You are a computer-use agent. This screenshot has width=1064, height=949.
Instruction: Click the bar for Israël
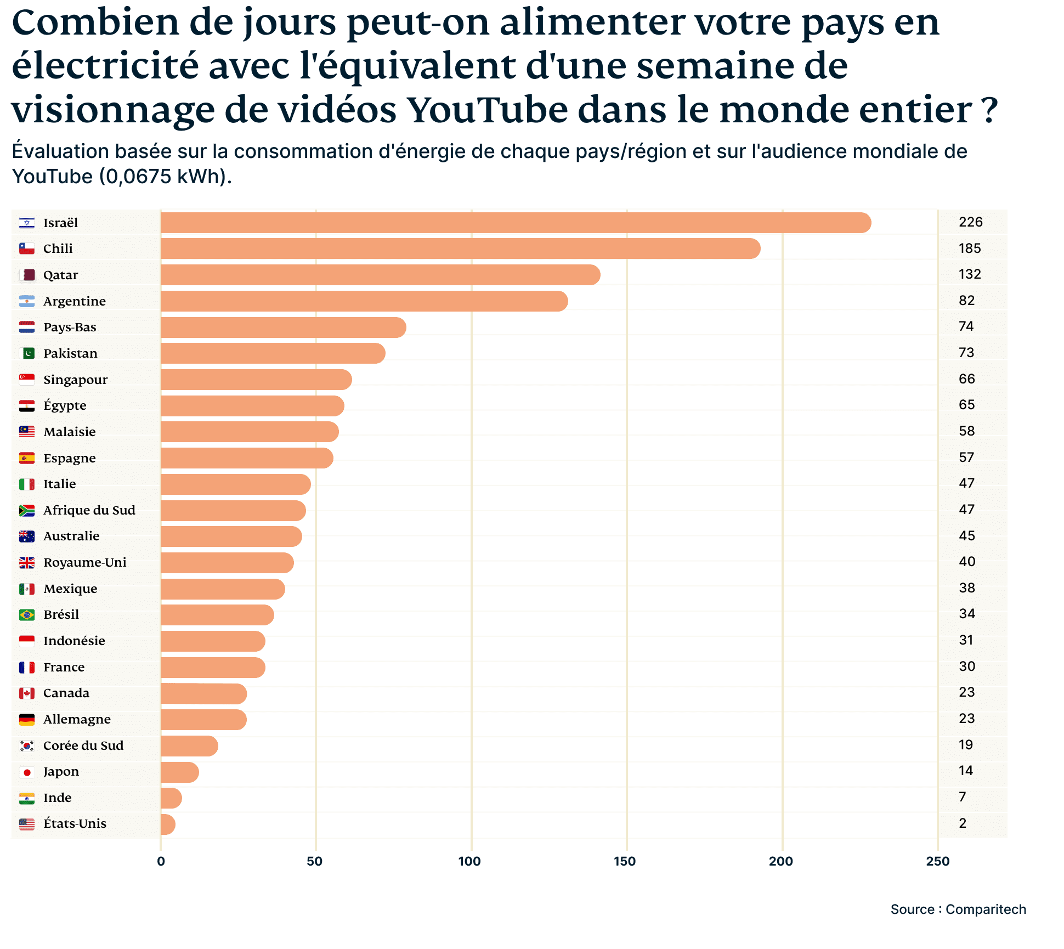[516, 223]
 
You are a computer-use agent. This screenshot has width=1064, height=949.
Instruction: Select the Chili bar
[461, 248]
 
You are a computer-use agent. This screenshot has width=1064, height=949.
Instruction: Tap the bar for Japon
[180, 772]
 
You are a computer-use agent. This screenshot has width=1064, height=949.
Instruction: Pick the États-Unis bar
[168, 824]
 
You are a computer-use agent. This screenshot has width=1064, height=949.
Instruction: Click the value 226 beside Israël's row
[970, 222]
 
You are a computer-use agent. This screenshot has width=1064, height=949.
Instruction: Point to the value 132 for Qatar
[969, 274]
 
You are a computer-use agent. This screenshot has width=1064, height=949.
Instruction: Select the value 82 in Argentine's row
[966, 301]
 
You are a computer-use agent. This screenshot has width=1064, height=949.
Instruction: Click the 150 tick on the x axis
[625, 861]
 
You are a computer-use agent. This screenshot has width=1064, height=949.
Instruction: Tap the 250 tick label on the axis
[937, 861]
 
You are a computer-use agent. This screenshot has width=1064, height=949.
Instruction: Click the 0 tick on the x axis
[161, 861]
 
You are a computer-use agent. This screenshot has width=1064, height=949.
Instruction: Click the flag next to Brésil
[27, 615]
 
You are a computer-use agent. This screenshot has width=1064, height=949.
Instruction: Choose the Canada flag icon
[27, 693]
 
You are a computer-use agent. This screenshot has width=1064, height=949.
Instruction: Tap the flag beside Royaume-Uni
[27, 563]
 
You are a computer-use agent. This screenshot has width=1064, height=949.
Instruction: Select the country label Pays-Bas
[70, 327]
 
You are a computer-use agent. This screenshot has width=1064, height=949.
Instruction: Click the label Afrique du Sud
[89, 511]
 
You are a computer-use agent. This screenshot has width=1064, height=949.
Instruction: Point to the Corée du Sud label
[83, 746]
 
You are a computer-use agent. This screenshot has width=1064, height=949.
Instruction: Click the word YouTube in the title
[488, 110]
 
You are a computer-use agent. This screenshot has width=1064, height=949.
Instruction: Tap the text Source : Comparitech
[958, 910]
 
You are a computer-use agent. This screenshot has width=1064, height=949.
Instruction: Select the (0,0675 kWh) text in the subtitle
[165, 177]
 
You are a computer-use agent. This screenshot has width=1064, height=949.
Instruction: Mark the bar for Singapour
[256, 380]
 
